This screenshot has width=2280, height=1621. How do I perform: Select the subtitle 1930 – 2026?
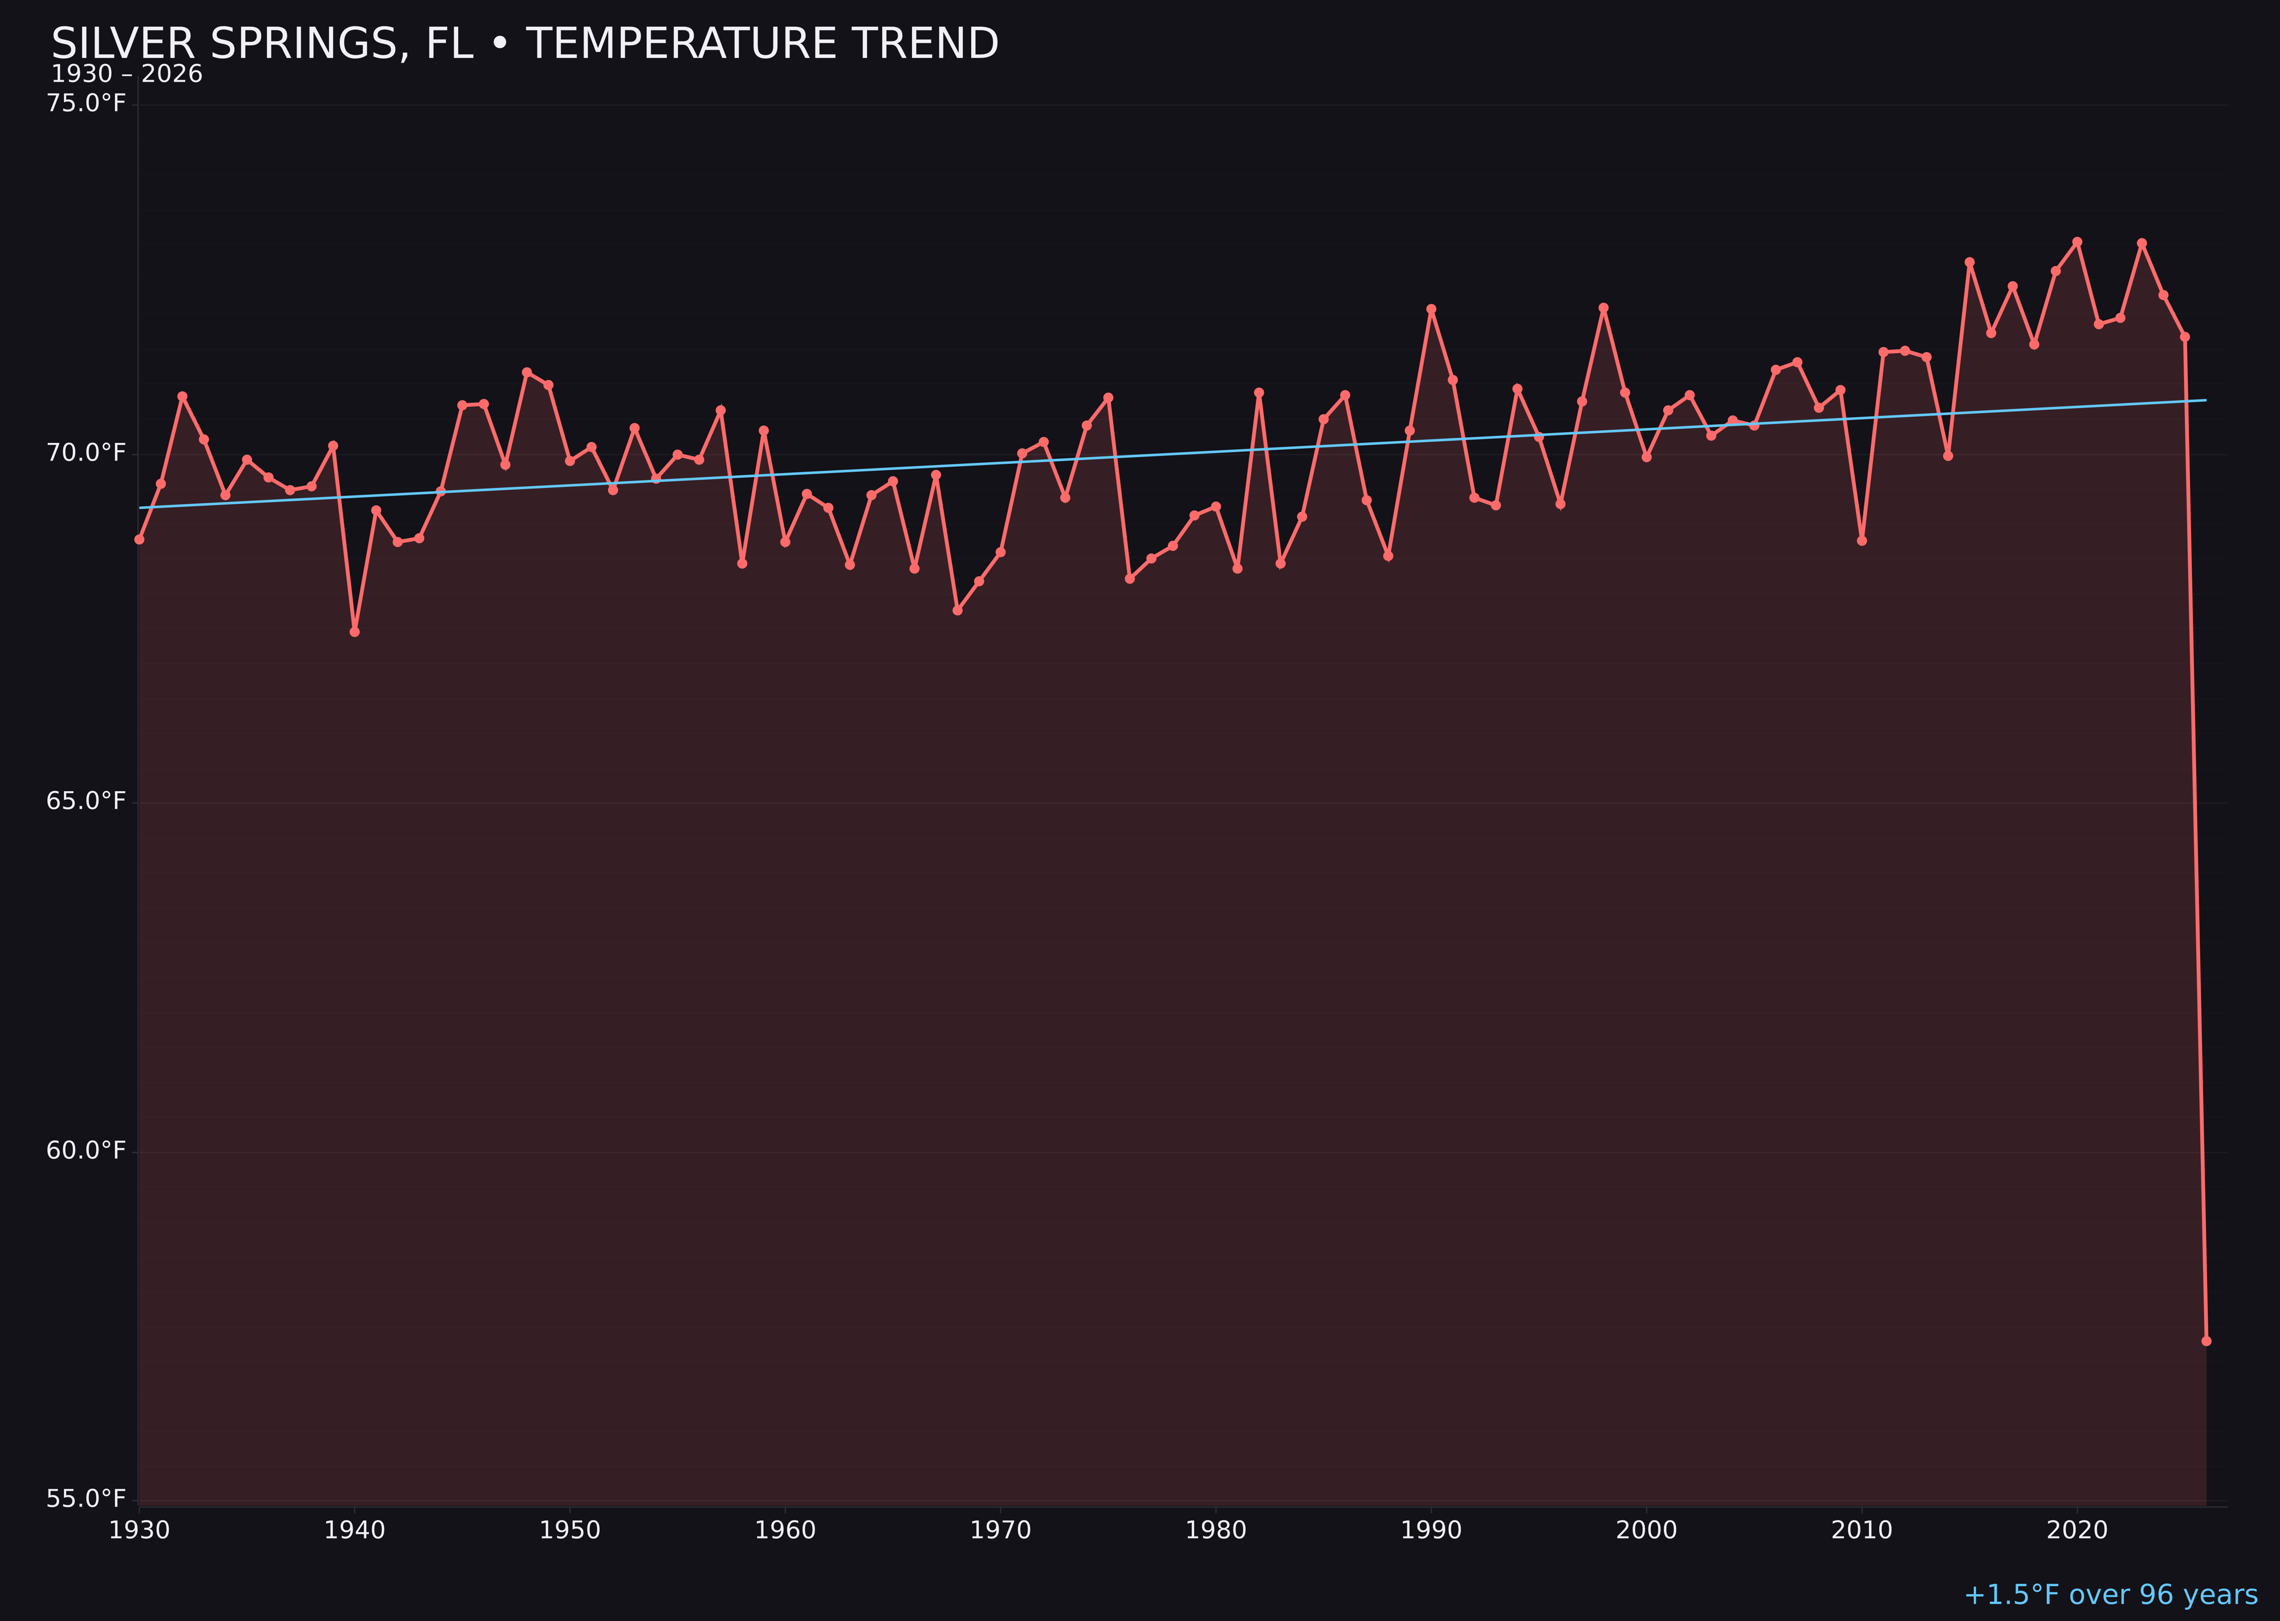tap(127, 75)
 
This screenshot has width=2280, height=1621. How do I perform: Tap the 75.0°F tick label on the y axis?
tap(86, 104)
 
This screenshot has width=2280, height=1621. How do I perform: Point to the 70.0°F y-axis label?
tap(86, 453)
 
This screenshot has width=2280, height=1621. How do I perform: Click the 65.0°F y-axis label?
tap(86, 801)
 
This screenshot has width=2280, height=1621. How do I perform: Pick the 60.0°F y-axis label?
tap(86, 1151)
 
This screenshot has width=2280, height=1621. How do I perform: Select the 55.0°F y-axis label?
tap(86, 1499)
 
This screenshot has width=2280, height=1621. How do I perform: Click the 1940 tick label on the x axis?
tap(355, 1530)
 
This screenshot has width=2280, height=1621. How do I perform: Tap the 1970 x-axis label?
tap(1000, 1530)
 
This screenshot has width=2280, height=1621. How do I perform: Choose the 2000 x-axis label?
tap(1646, 1530)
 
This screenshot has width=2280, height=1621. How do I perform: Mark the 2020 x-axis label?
tap(2077, 1530)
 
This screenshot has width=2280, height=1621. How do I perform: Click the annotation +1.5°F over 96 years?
tap(2110, 1595)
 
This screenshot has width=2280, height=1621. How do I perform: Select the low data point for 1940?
tap(355, 632)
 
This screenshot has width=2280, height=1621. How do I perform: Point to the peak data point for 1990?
tap(1431, 309)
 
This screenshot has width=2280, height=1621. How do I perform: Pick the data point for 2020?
tap(2077, 242)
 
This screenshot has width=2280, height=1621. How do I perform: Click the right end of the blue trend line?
tap(2205, 400)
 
